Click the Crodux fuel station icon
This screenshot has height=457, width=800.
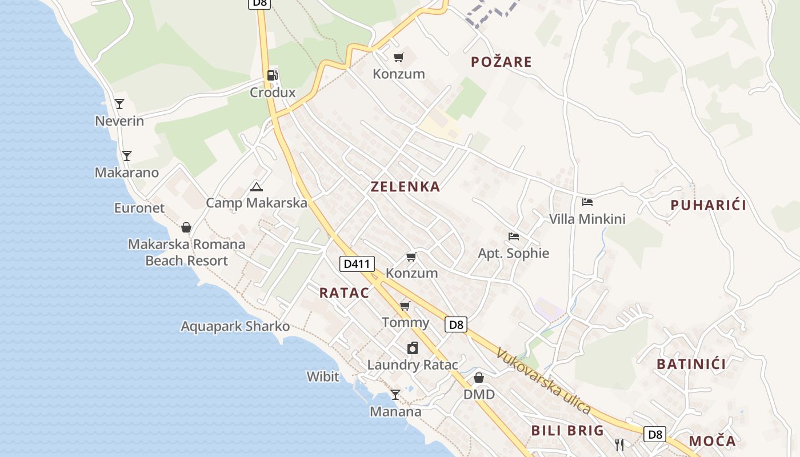[273, 75]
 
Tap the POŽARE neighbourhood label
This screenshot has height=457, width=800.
[501, 62]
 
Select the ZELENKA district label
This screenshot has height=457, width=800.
[405, 186]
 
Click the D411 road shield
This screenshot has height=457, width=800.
[357, 263]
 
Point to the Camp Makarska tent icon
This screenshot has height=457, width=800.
[257, 187]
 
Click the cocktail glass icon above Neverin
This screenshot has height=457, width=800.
[119, 104]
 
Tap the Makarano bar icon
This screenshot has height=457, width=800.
[127, 155]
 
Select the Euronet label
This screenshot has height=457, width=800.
[139, 208]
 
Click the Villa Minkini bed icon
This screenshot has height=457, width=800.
[587, 202]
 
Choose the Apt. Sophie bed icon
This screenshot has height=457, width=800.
[513, 236]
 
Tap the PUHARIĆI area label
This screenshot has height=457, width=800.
[708, 205]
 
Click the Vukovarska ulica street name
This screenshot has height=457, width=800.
[543, 380]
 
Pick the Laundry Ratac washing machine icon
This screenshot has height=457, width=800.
[413, 348]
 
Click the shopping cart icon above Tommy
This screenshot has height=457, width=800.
[405, 306]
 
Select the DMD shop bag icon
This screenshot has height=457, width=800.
[479, 378]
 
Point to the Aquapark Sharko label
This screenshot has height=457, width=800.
[235, 327]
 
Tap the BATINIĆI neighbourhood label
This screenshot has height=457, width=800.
[691, 364]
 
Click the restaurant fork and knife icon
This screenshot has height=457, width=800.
[619, 443]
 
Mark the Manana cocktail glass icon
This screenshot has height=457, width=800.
[395, 394]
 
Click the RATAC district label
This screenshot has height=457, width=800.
[344, 292]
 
